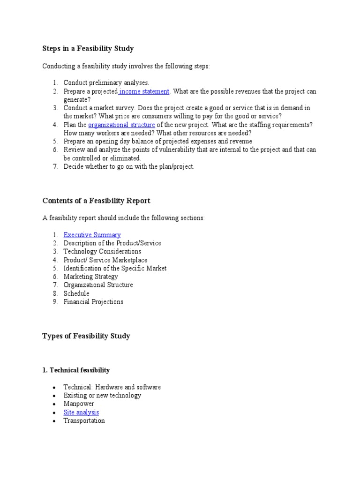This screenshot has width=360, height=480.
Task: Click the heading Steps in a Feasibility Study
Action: (x=88, y=48)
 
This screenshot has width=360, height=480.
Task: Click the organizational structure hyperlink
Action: (x=121, y=125)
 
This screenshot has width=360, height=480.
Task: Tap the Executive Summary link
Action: (x=92, y=235)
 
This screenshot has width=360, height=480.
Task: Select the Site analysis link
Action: (x=81, y=412)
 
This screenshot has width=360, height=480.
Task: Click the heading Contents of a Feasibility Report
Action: (x=96, y=201)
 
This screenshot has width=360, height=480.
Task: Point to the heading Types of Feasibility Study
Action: (x=86, y=336)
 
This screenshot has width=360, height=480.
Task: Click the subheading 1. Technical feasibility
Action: (x=76, y=370)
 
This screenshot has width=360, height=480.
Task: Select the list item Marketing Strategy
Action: (x=91, y=277)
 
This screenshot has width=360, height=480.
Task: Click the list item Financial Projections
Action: (x=93, y=302)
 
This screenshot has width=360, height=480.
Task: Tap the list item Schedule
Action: (x=76, y=293)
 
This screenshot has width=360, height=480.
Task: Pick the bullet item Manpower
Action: (x=79, y=404)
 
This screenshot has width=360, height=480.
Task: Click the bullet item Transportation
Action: (x=84, y=421)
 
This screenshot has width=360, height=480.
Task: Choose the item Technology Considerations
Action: (x=102, y=252)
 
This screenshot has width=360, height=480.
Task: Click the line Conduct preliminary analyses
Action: (x=106, y=83)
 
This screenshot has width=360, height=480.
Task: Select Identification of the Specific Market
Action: (x=115, y=269)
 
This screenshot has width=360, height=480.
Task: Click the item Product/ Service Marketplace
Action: (x=105, y=260)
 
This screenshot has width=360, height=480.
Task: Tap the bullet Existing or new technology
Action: (x=102, y=396)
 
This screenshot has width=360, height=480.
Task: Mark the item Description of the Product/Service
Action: (x=112, y=243)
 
